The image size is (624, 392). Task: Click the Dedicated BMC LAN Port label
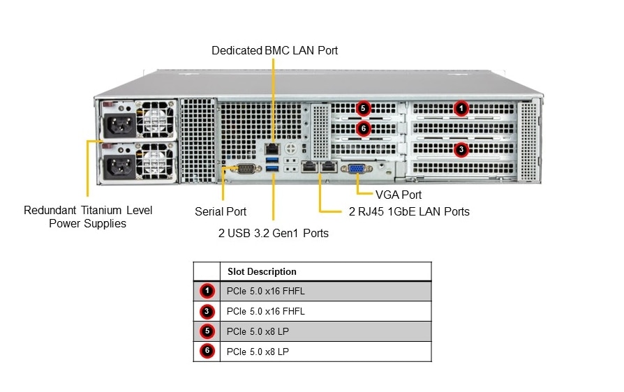(274, 50)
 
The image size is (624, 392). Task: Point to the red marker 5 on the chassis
(362, 108)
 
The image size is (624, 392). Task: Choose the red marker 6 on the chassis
(362, 129)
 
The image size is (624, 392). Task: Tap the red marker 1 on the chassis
(460, 108)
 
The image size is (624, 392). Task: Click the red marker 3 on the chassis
(460, 149)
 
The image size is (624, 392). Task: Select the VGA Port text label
(399, 195)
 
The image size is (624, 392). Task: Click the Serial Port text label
(221, 211)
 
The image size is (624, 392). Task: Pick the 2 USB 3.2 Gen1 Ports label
(273, 233)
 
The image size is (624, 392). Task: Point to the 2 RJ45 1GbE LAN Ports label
(409, 211)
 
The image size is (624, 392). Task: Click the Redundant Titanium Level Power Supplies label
(88, 217)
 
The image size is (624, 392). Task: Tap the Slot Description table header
(262, 271)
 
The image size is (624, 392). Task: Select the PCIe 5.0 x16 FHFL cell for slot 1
(266, 291)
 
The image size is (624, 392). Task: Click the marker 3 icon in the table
(207, 311)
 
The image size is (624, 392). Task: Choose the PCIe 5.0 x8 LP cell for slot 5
(258, 331)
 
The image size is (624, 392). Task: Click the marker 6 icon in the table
(207, 352)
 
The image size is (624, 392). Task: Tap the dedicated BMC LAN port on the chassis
(272, 149)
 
